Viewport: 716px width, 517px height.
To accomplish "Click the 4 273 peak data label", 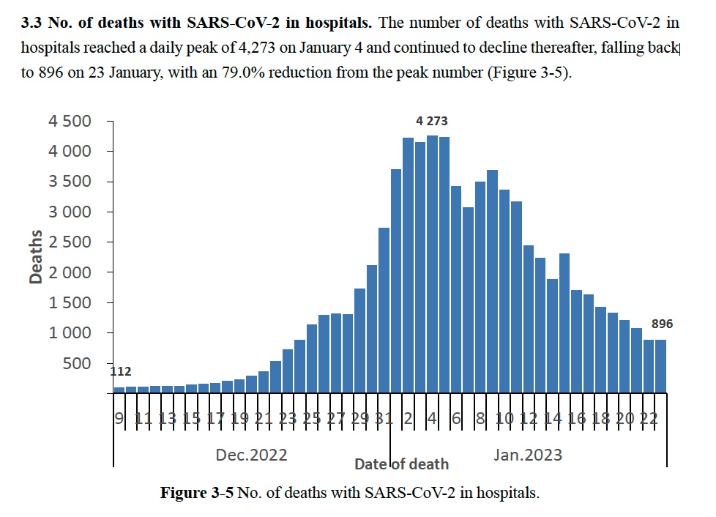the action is tap(431, 121).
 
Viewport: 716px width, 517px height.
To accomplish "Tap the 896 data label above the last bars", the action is tap(662, 324).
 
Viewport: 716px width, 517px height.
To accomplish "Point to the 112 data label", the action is tap(121, 371).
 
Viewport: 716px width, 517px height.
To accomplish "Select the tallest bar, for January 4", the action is tap(432, 264).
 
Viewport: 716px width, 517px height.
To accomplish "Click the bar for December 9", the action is tap(119, 390).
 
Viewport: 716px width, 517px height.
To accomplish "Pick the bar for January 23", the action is tap(661, 366).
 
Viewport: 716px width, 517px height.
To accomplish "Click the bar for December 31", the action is tap(384, 310).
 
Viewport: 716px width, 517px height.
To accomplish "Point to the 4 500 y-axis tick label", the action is tap(70, 121).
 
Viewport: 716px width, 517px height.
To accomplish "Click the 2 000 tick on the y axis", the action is tap(70, 272).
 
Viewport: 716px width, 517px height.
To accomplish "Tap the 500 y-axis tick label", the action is tap(77, 363).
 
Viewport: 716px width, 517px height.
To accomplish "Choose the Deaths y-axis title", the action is tap(36, 257).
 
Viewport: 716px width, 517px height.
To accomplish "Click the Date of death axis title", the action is tap(401, 464).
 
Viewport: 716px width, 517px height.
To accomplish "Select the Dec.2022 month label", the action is tap(251, 455).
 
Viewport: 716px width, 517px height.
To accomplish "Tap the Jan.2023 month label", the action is tap(527, 455).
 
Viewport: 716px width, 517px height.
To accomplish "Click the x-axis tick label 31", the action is tap(384, 418).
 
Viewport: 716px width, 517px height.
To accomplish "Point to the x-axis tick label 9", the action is tap(119, 418).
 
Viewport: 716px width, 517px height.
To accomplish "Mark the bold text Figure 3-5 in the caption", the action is tap(197, 493).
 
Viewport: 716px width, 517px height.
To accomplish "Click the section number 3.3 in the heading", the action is tap(31, 23).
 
